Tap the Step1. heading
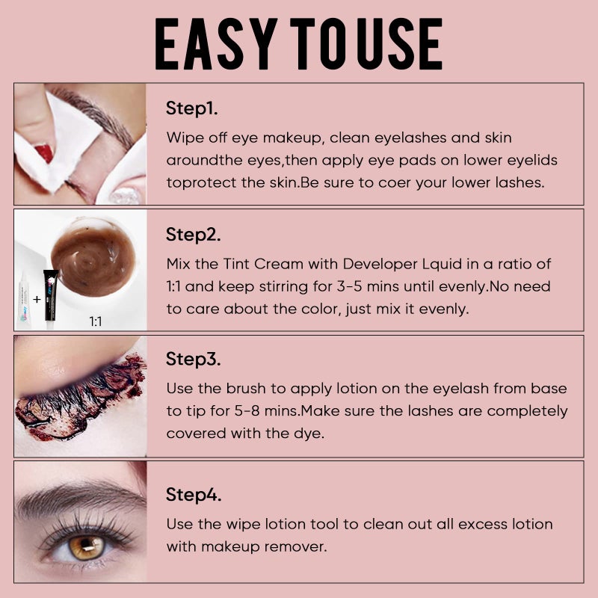[x=192, y=108]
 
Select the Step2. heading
[x=194, y=235]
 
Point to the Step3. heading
[x=194, y=361]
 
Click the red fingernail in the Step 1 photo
[x=44, y=153]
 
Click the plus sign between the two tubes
[x=37, y=299]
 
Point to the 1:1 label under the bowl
[x=96, y=322]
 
